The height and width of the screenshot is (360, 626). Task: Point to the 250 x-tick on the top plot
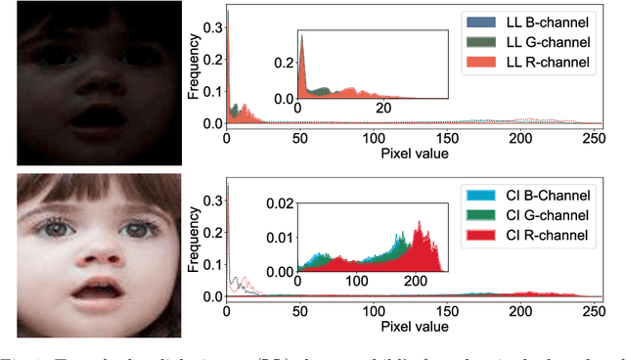click(593, 138)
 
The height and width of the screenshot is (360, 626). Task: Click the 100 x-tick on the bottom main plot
click(373, 311)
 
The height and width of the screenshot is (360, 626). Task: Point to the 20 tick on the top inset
click(383, 108)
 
